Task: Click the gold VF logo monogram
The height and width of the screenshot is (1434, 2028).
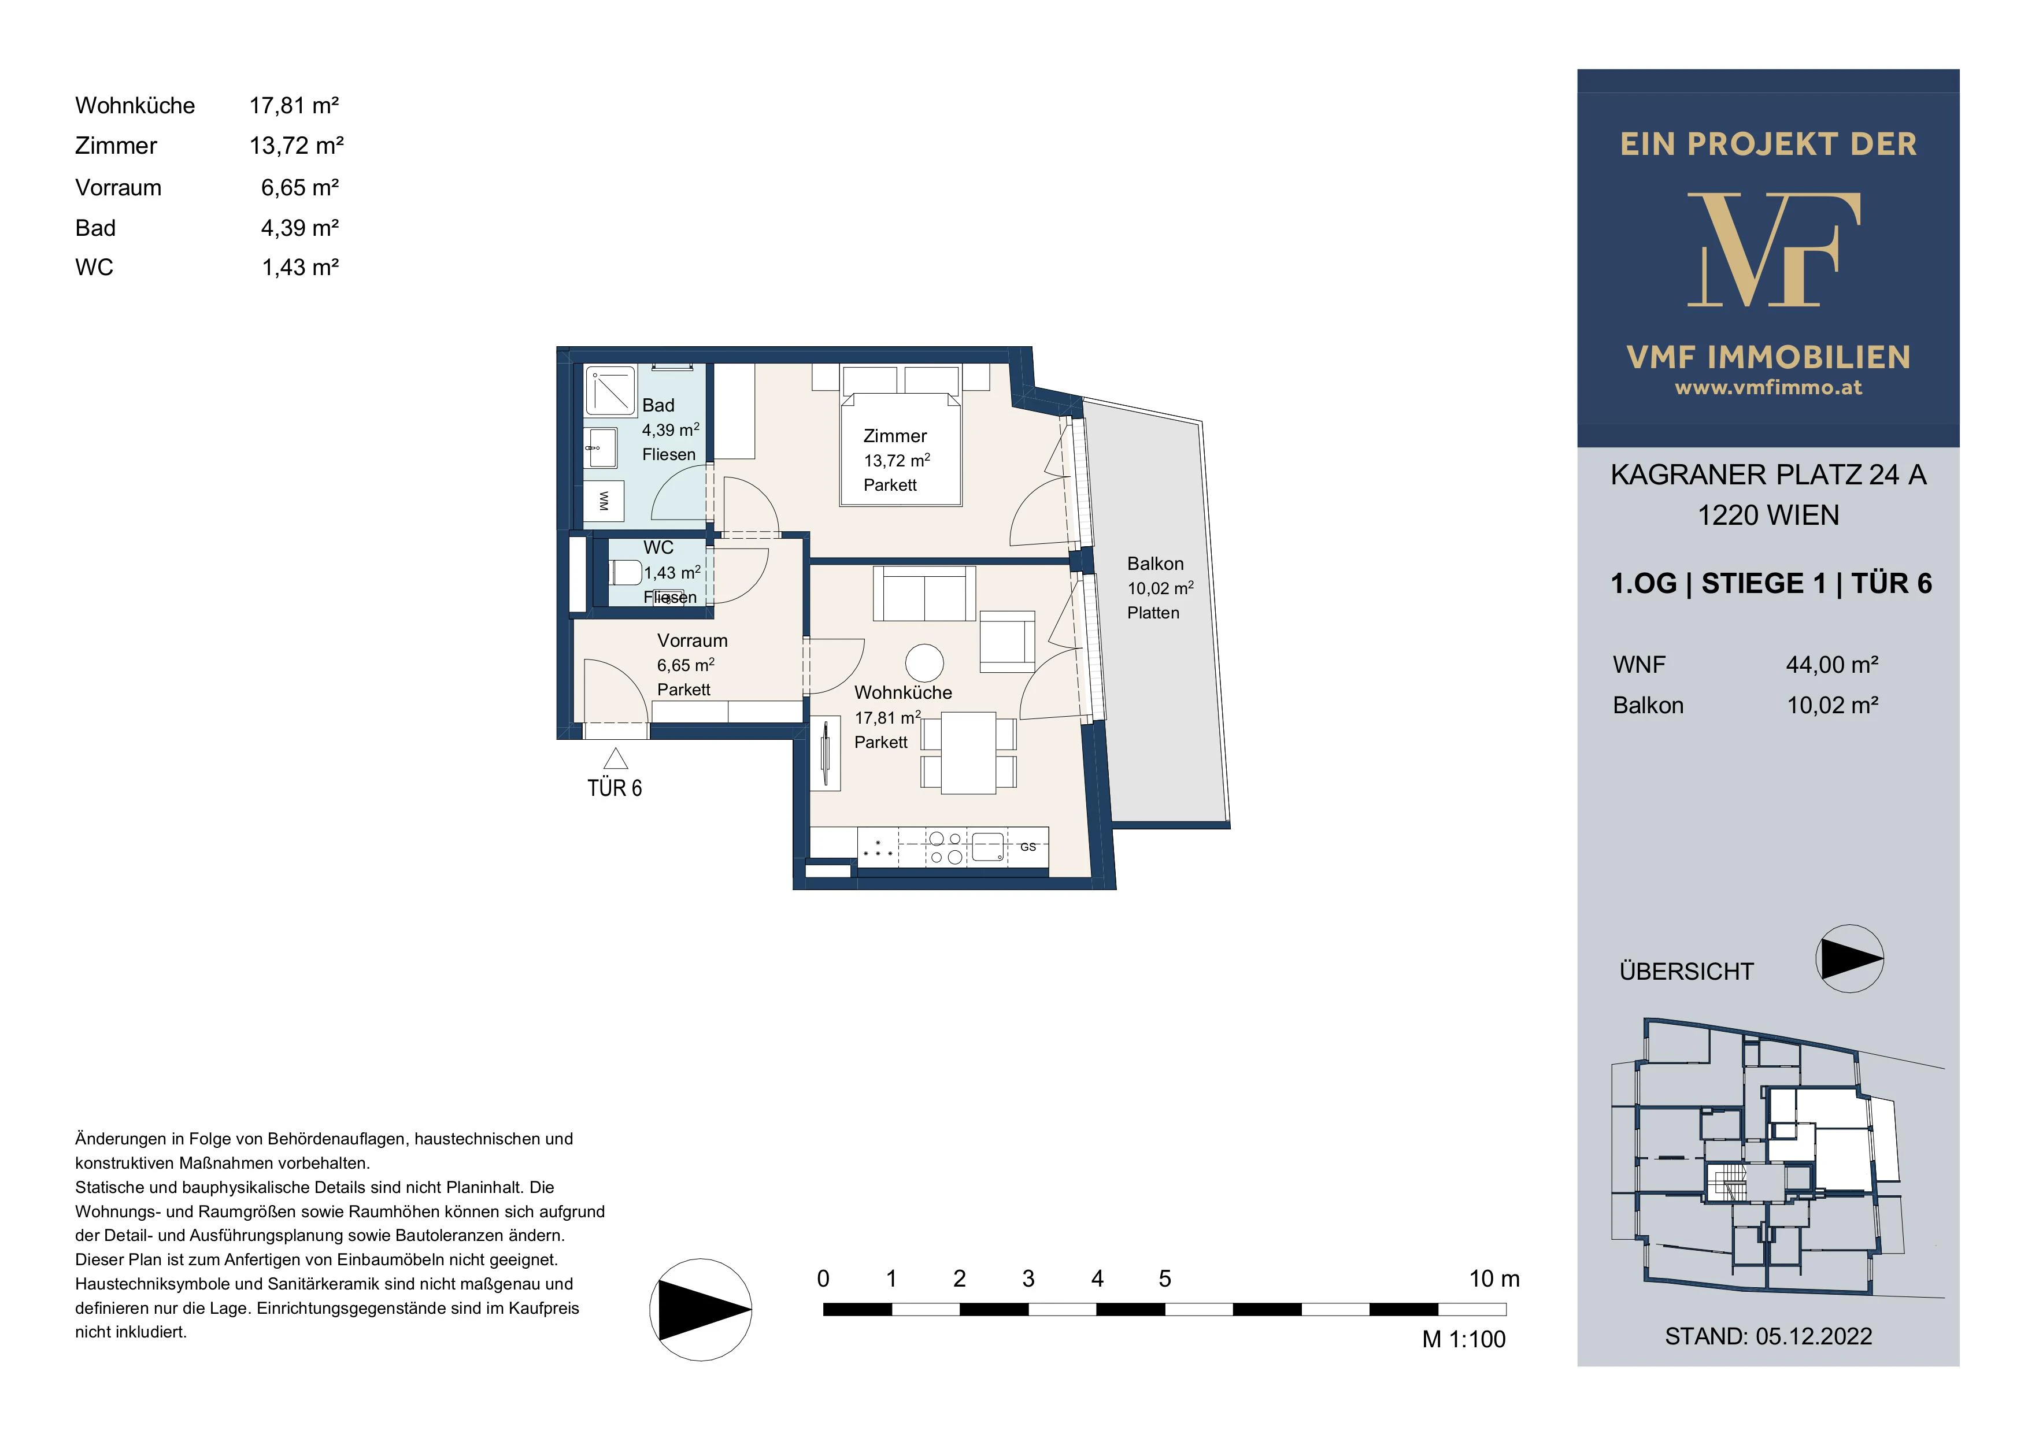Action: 1774,250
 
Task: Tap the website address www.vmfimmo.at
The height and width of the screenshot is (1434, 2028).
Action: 1768,388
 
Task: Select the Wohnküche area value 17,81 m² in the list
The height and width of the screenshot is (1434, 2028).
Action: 294,106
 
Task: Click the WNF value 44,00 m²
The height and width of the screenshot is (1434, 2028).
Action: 1832,665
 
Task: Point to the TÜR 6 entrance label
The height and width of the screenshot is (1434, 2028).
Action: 615,788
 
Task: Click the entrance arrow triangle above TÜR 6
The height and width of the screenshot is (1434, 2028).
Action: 616,758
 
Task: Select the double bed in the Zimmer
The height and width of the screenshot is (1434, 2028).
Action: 901,448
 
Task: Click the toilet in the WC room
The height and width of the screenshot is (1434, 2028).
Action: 626,572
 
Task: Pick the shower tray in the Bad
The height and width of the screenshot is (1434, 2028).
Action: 609,390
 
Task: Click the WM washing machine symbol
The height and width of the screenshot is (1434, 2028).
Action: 604,501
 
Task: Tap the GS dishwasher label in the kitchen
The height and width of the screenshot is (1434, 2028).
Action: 1028,847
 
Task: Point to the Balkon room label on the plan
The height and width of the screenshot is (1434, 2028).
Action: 1155,564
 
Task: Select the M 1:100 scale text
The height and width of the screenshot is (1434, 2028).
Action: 1464,1340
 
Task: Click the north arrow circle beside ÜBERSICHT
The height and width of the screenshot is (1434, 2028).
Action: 1849,959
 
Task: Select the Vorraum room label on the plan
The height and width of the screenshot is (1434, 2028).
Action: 693,640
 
